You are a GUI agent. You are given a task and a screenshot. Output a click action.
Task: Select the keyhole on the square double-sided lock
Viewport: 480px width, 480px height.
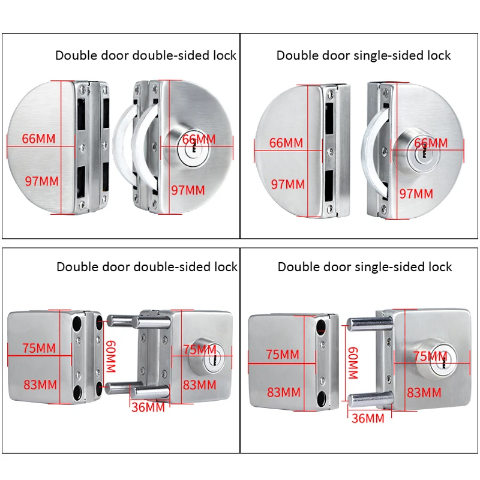(x=210, y=362)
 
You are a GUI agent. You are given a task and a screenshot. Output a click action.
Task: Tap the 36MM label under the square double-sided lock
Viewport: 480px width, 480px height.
(x=148, y=407)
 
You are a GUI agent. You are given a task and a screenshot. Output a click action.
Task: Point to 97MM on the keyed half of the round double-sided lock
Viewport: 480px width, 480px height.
(x=188, y=190)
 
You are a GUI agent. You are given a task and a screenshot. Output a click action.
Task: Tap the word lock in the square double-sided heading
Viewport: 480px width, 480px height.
(x=225, y=266)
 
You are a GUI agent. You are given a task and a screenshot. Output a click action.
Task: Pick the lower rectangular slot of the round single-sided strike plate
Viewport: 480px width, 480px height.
(x=329, y=186)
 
